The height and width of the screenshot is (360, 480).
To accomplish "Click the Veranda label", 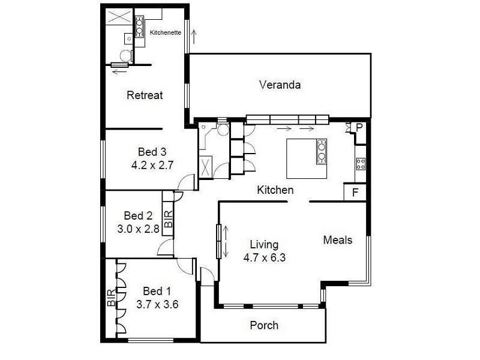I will coord(280,85).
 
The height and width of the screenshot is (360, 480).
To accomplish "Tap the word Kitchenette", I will coord(165,32).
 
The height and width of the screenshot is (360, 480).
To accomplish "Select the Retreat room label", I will coord(145,95).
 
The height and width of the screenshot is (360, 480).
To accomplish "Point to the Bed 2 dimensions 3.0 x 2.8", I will coord(138,228).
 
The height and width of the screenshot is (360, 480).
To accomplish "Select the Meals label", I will coord(337,240).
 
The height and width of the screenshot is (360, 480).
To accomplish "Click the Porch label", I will coord(264,325).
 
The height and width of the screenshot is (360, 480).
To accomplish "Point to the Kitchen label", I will coord(275,190).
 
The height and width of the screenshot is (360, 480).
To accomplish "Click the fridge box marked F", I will coord(355,193).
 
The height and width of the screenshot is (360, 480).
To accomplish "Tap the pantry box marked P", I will coord(359,127).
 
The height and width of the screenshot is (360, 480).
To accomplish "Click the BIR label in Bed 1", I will coord(111,298).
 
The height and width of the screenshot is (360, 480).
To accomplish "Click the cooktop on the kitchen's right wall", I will coord(361,163).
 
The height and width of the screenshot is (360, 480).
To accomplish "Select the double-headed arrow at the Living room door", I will coord(226,242).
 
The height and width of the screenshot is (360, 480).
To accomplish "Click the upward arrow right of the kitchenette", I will coord(193,38).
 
